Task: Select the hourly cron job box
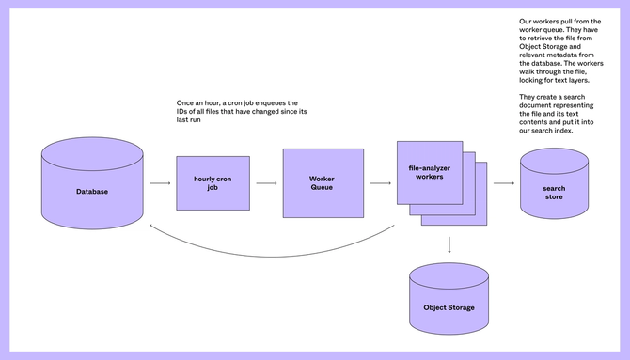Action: coord(213,183)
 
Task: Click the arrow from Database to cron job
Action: coord(157,184)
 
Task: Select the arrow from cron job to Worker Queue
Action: coord(266,184)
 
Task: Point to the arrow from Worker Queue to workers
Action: coord(380,184)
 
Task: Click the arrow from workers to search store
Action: coord(504,184)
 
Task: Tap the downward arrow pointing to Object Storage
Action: coord(449,244)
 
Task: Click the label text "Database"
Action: coord(92,192)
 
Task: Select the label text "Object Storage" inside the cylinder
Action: coord(449,307)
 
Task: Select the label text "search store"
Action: coord(554,193)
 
